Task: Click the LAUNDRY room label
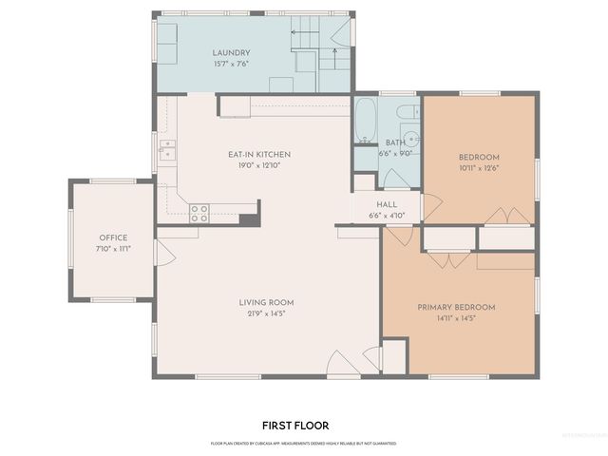coord(232,53)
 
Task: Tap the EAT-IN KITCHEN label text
coord(258,154)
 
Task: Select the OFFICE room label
coord(113,237)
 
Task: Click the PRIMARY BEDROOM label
coord(457,307)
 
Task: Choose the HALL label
coord(386,204)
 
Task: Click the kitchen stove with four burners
coord(199,213)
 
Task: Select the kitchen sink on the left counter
coord(167,150)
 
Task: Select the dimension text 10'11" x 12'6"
coord(479,167)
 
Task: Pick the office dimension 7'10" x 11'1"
coord(113,248)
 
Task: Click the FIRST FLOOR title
coord(295,426)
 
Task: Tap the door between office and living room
coord(161,253)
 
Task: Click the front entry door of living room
coord(341,364)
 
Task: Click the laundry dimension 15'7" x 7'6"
coord(232,65)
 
